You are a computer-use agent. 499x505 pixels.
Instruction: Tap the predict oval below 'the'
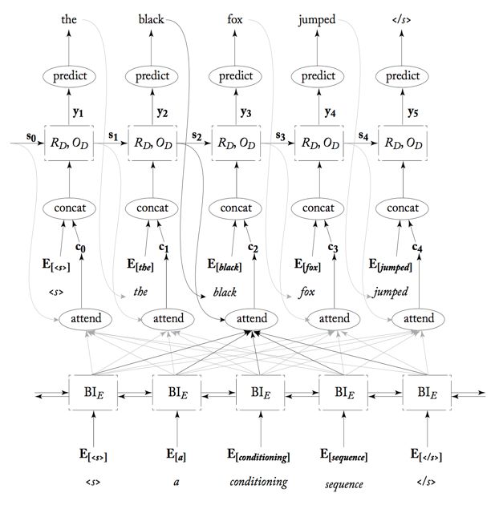(69, 76)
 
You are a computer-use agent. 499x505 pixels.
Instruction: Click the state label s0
(31, 137)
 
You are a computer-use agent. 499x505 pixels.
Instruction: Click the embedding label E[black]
(226, 267)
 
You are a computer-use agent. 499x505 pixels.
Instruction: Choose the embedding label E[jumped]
(391, 267)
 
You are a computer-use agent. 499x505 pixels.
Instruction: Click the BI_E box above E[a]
(175, 394)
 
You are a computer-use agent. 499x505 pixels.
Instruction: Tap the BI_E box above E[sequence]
(343, 394)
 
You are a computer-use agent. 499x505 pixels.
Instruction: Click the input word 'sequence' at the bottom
(343, 484)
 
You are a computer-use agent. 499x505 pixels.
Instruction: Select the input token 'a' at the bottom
(176, 483)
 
